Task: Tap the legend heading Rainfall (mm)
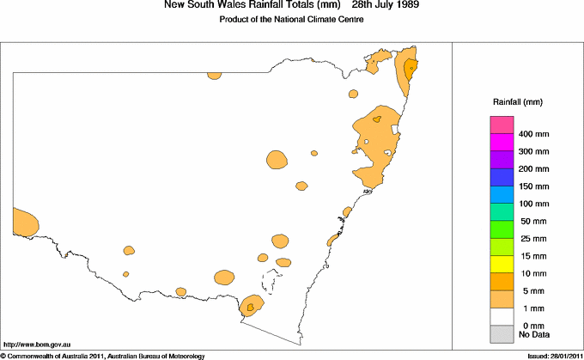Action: pos(516,101)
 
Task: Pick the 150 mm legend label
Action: pos(533,186)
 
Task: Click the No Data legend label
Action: pos(533,334)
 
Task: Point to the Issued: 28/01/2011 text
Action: pos(551,355)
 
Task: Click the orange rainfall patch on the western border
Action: pos(25,223)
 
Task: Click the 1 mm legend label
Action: pos(530,307)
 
